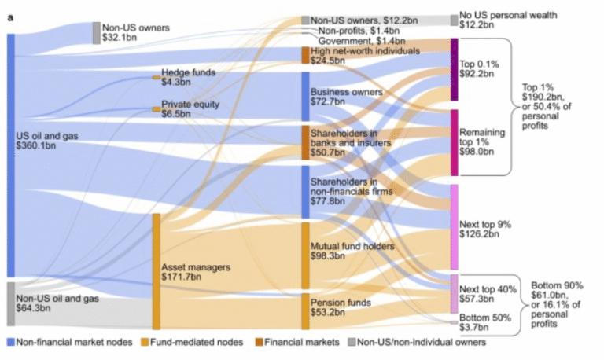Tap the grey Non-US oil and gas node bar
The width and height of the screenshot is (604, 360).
[11, 303]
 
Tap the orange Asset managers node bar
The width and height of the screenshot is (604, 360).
[157, 271]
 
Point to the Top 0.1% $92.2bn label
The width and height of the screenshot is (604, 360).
[477, 69]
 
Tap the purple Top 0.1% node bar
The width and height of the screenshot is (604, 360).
[454, 69]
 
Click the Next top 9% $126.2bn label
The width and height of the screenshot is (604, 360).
[485, 228]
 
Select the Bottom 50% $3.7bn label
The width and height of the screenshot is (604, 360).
[479, 321]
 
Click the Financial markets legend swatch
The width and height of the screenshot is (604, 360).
[257, 343]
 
